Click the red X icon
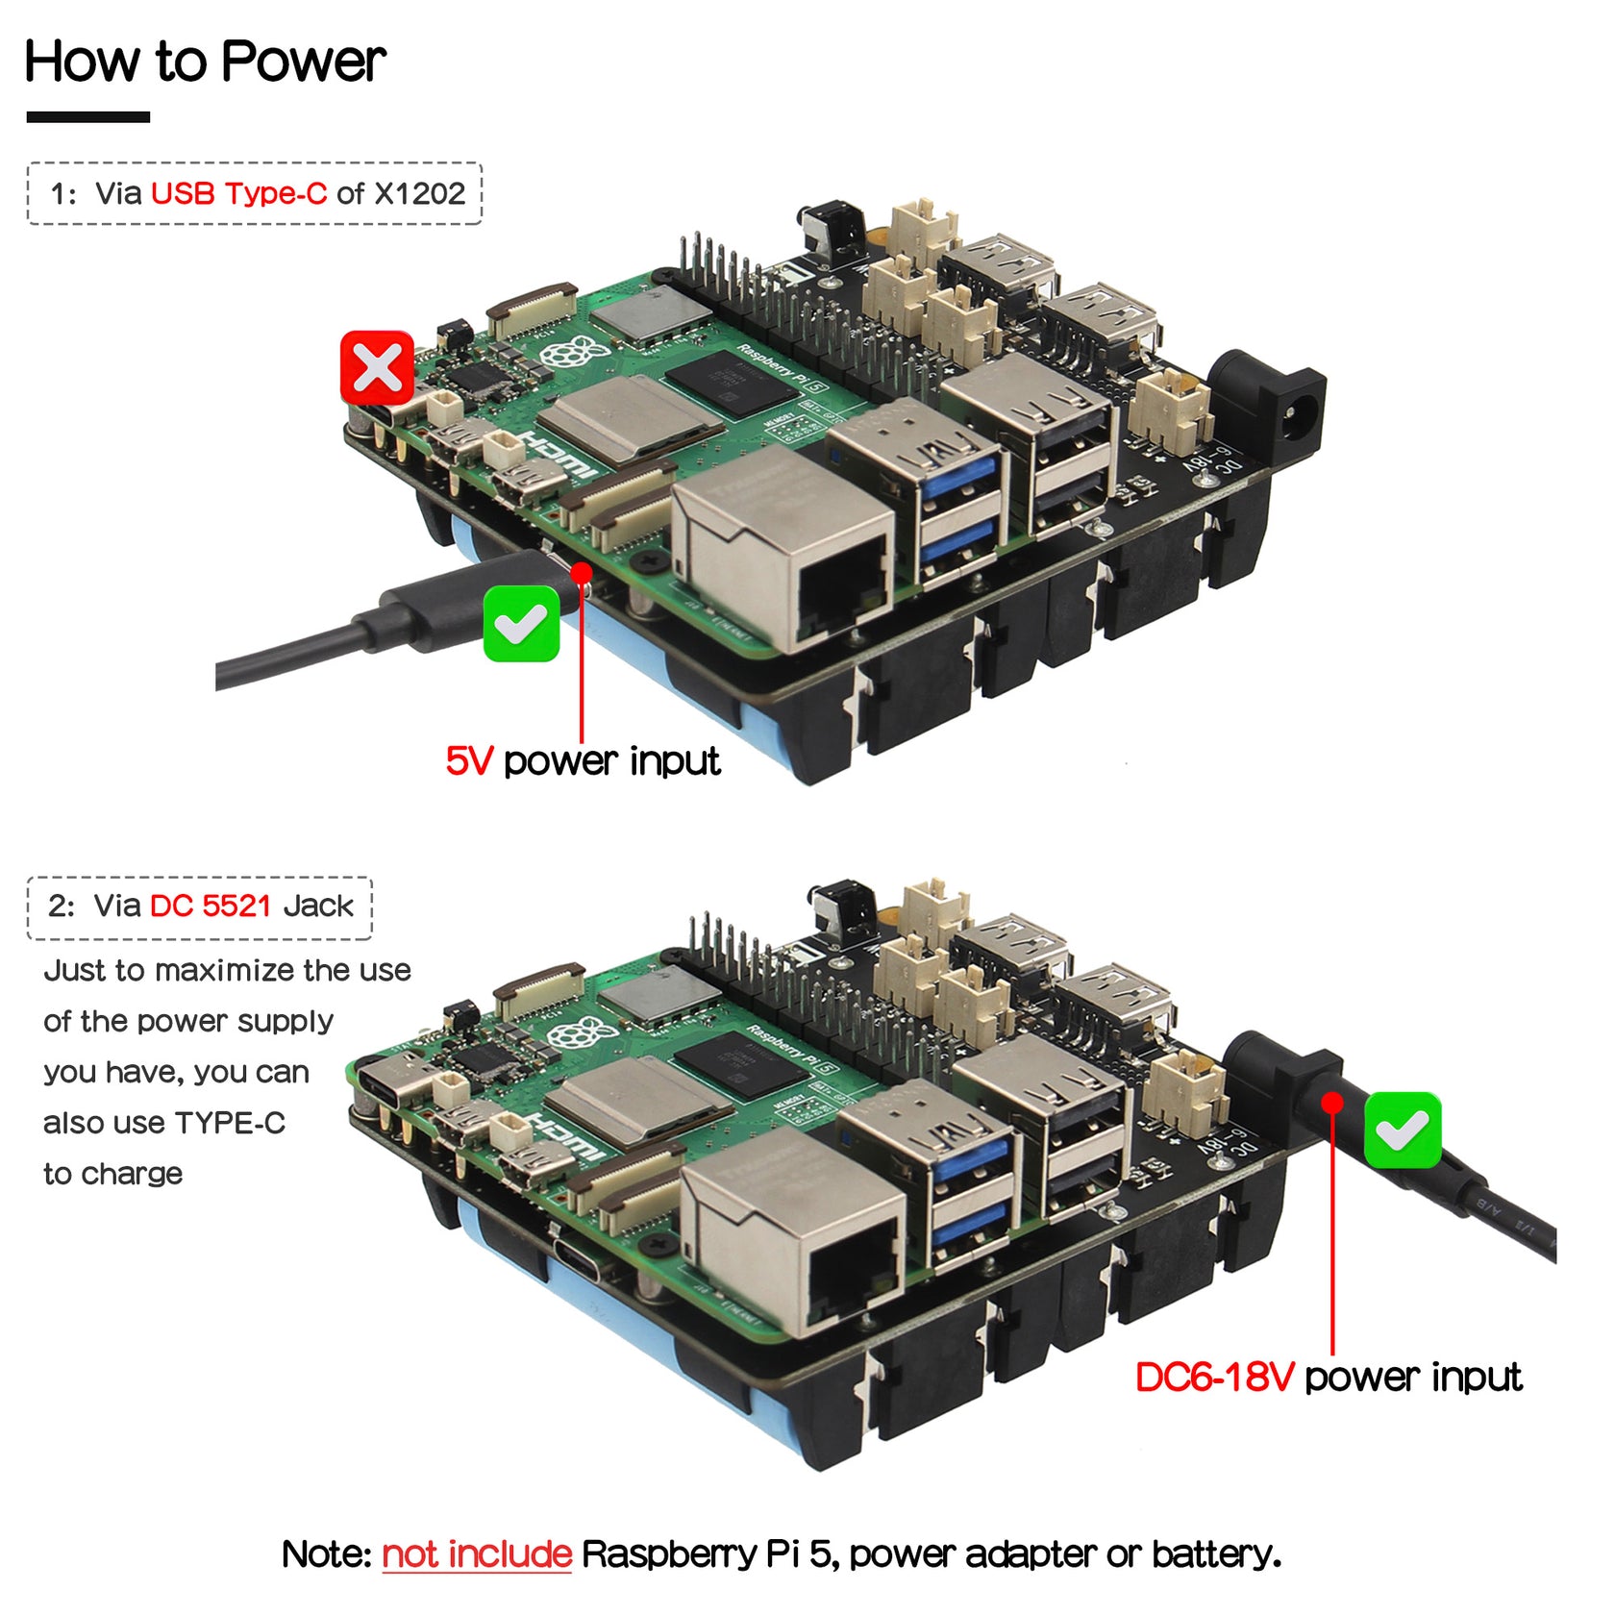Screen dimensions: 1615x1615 pos(377,368)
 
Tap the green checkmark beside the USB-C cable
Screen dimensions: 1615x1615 pos(521,624)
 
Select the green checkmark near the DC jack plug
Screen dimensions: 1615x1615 pos(1402,1130)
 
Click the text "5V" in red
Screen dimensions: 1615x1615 pos(469,761)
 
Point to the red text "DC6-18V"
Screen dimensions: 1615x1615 pos(1214,1378)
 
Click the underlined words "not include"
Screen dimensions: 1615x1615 pos(477,1554)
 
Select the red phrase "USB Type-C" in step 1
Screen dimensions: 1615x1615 pos(238,193)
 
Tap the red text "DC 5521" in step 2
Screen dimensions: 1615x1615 pos(211,906)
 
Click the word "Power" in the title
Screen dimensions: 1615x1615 pos(303,62)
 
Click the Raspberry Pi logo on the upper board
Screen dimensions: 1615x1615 pos(573,353)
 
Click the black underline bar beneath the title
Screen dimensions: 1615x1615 pos(87,117)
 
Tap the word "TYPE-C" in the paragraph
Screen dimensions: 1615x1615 pos(230,1123)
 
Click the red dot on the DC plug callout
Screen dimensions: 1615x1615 pos(1331,1103)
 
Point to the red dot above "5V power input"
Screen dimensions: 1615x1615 pos(581,573)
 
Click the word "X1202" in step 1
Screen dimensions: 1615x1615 pos(419,193)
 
